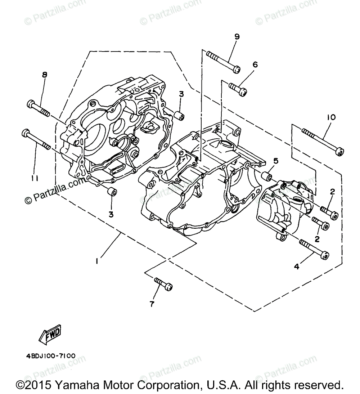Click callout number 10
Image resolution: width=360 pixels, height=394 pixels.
click(x=331, y=117)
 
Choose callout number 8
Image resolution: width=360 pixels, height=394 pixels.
click(x=45, y=75)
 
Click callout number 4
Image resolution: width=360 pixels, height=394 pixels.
click(x=296, y=267)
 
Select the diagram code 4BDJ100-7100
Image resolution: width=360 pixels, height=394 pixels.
click(x=51, y=356)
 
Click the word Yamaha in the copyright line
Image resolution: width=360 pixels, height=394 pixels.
click(x=75, y=385)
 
